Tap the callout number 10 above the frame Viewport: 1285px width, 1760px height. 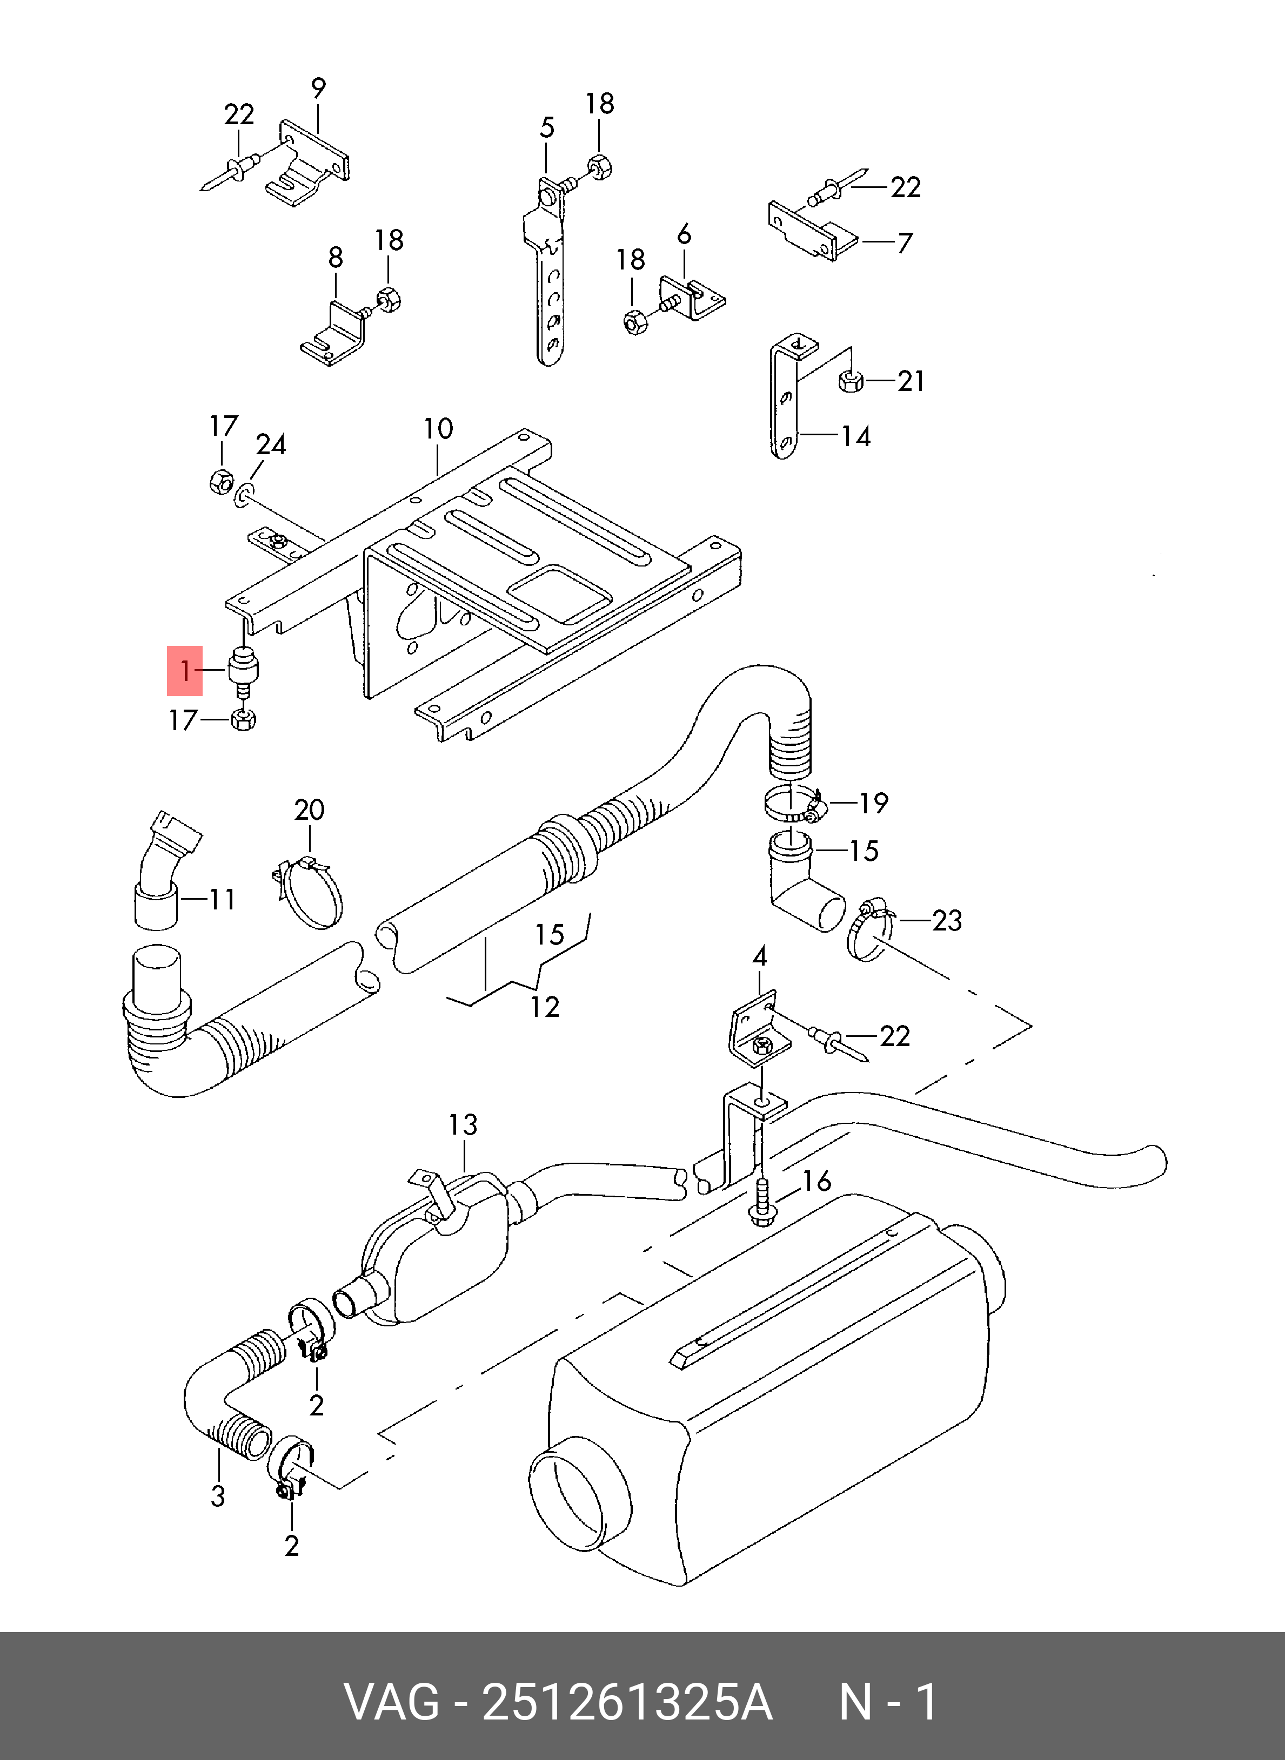(x=438, y=428)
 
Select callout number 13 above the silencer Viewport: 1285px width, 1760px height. (x=463, y=1124)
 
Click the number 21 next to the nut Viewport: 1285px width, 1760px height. (x=911, y=381)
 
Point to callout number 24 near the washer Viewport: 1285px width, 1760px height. (x=271, y=444)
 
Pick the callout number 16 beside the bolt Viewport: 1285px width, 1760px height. (x=816, y=1181)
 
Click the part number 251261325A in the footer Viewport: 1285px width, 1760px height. (x=627, y=1702)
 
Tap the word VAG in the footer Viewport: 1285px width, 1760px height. (x=391, y=1702)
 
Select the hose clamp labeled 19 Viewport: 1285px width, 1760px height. (x=793, y=805)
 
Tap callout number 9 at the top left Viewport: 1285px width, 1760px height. (x=318, y=88)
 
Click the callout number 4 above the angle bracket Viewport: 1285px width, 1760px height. (x=759, y=956)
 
